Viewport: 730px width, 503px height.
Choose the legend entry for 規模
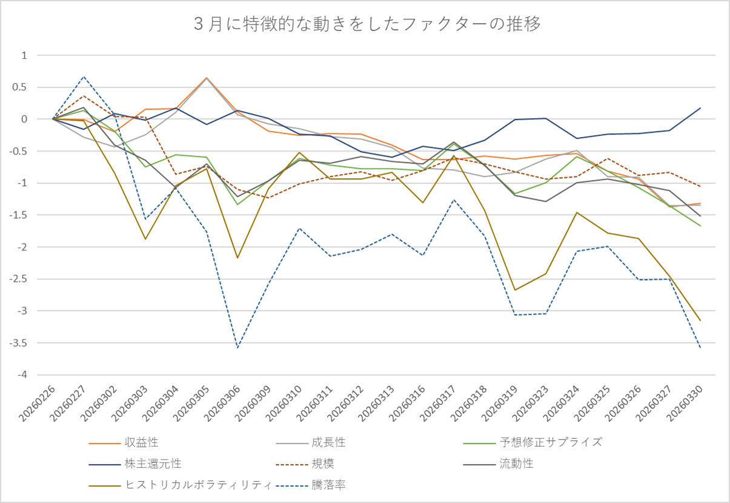click(x=323, y=464)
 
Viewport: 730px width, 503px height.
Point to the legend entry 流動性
click(x=516, y=464)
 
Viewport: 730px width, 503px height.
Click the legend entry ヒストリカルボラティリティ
click(x=197, y=485)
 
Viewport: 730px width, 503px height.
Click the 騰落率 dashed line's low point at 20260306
click(x=237, y=348)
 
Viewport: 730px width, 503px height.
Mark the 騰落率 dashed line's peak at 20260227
click(x=84, y=77)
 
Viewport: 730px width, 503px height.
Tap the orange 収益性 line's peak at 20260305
click(x=207, y=78)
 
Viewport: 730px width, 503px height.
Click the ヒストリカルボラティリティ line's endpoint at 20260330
click(x=700, y=321)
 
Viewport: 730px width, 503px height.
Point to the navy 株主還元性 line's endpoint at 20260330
click(x=700, y=108)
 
